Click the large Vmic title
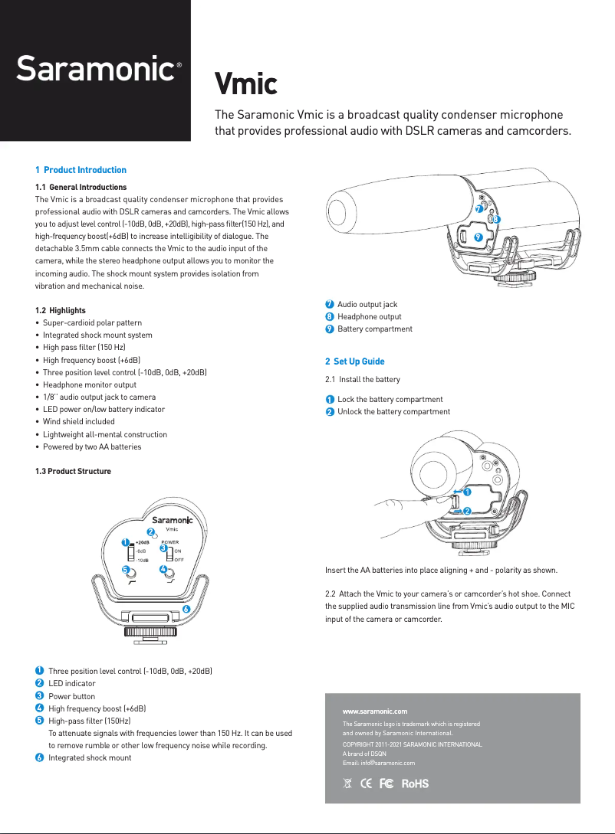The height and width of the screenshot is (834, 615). [x=245, y=83]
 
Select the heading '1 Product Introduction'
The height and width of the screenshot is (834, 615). [x=81, y=170]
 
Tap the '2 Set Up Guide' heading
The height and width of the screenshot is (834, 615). [x=354, y=361]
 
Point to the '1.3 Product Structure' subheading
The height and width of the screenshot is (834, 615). [x=73, y=471]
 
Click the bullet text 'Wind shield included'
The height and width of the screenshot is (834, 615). [x=78, y=422]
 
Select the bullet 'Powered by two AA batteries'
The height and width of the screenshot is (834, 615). [x=91, y=446]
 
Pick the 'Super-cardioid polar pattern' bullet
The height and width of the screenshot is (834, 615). [x=92, y=323]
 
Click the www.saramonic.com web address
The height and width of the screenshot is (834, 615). [x=374, y=711]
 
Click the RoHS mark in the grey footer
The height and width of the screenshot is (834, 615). [x=415, y=783]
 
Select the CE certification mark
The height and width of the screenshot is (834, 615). [x=366, y=783]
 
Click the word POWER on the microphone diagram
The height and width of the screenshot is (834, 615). [x=169, y=541]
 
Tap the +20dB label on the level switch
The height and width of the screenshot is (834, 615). [x=142, y=541]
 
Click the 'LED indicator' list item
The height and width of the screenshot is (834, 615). [x=72, y=683]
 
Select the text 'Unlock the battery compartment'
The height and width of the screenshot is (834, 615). [x=393, y=412]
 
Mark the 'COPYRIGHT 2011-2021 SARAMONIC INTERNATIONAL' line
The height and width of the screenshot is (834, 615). [x=412, y=744]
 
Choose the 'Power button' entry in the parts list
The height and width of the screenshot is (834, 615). [x=72, y=696]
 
